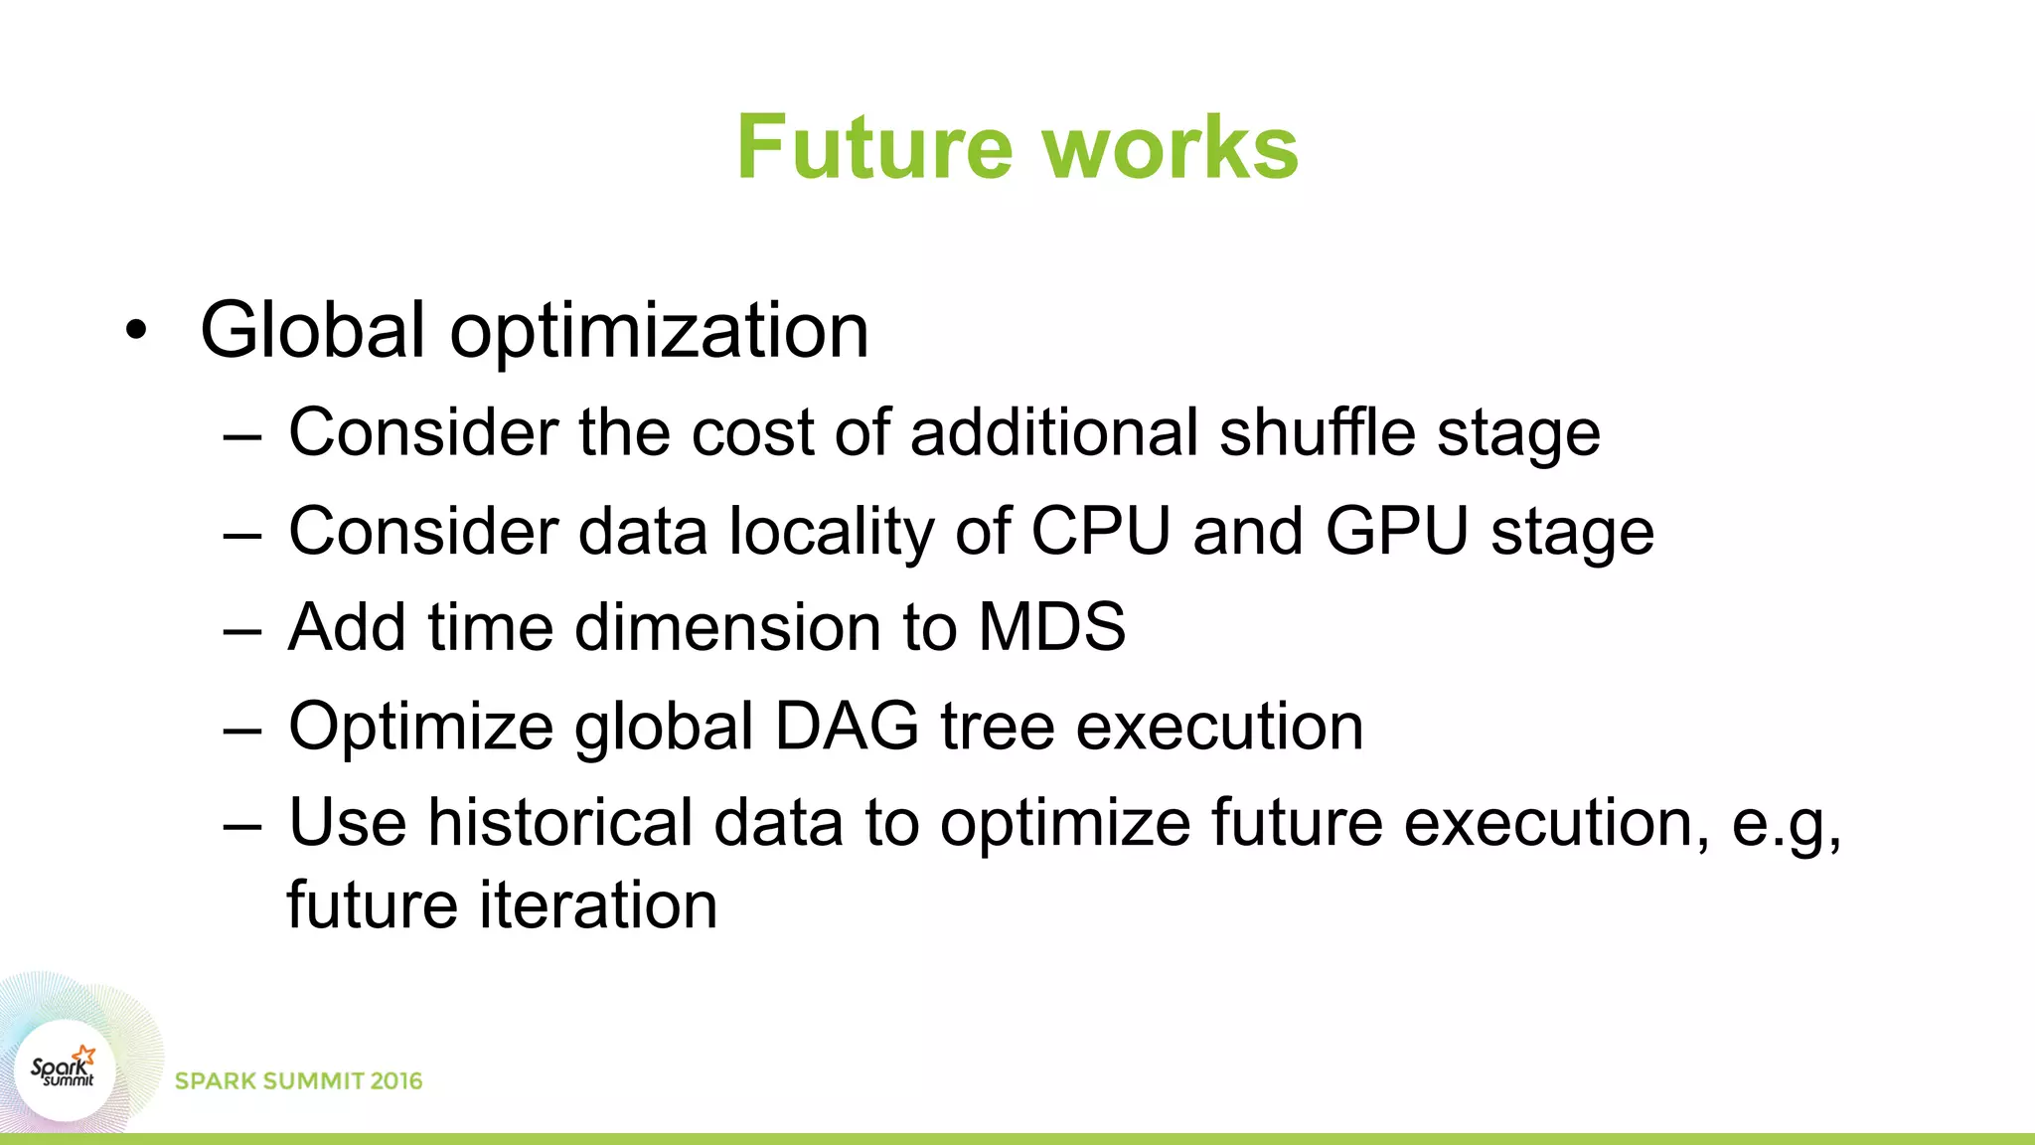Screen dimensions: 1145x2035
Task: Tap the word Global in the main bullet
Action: coord(312,330)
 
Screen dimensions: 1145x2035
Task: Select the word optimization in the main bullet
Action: coord(659,332)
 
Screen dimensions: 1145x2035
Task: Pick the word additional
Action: coord(1054,433)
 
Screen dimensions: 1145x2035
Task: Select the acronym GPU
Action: coord(1396,531)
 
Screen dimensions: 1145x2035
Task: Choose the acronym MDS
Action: coord(1052,627)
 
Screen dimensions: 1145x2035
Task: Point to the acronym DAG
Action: coord(847,726)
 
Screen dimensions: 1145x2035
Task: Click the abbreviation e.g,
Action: coord(1786,825)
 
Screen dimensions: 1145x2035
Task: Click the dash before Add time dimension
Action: coord(242,630)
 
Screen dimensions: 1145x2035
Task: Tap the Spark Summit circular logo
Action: coord(65,1071)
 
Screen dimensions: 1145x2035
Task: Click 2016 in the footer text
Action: coord(396,1081)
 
